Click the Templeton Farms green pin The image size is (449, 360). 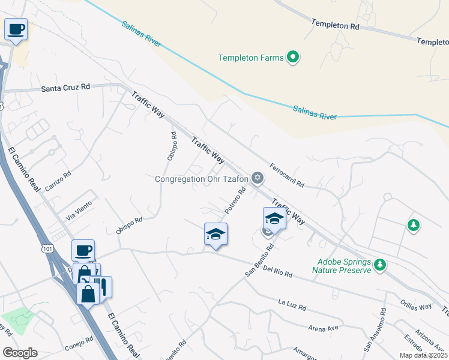point(293,58)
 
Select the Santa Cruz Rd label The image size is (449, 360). point(65,88)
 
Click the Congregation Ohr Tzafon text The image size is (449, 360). point(201,178)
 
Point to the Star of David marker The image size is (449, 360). point(258,177)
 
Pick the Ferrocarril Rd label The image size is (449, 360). point(286,175)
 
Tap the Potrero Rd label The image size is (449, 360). point(235,202)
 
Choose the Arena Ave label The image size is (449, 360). point(324,329)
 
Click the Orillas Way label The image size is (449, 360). point(417,305)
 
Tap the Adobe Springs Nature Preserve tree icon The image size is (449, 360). point(379,264)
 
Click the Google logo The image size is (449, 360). point(20,352)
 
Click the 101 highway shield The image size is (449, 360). point(47,247)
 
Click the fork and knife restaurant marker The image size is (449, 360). point(102,286)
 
